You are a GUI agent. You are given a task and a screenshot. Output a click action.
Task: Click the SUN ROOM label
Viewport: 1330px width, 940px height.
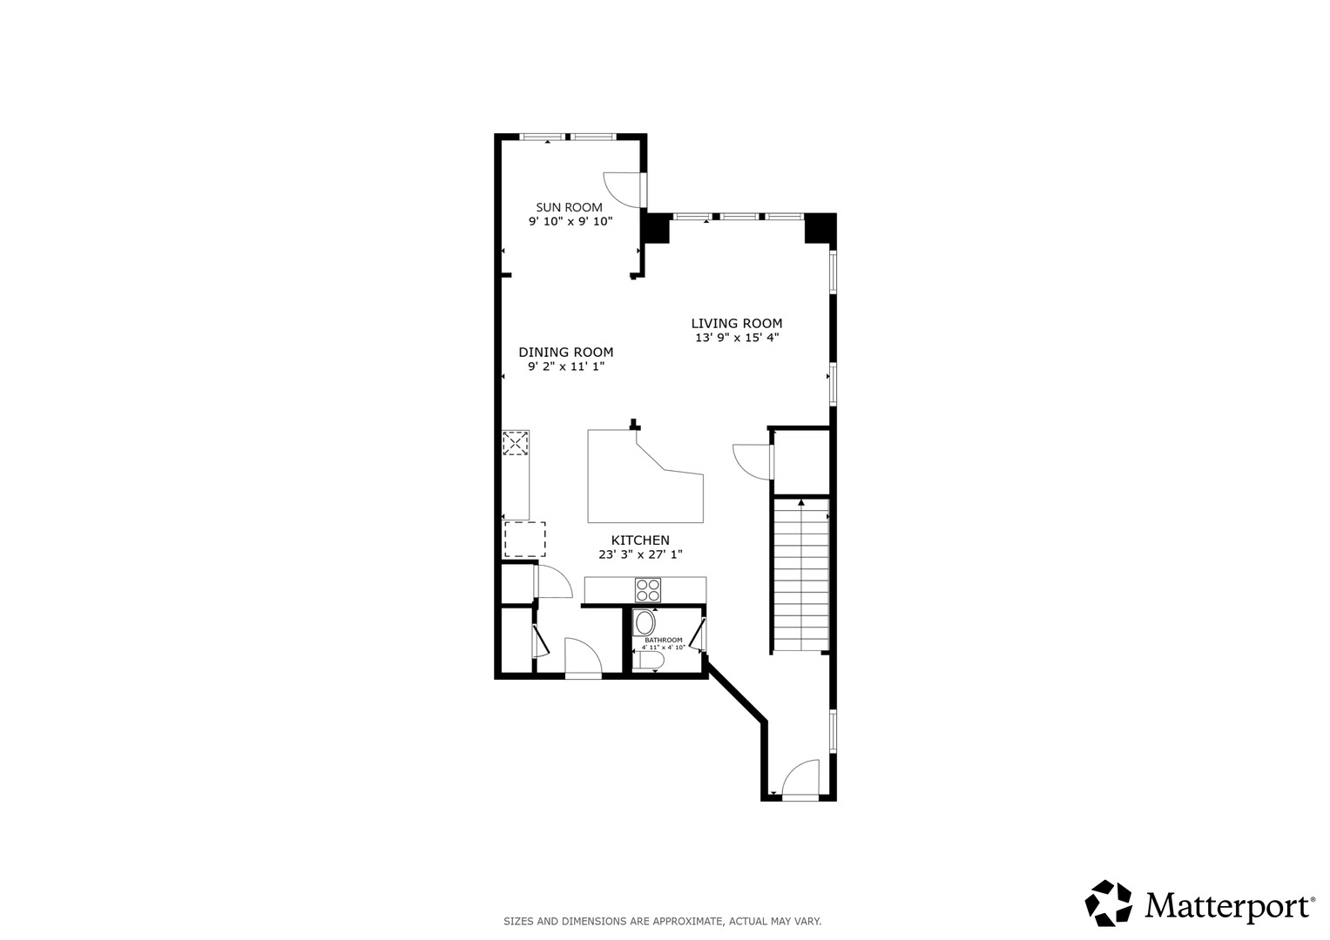pos(569,207)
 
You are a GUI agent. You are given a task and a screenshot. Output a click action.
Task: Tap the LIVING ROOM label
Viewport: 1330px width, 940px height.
pos(736,324)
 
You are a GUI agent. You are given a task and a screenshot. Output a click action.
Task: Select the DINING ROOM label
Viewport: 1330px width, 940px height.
pos(566,352)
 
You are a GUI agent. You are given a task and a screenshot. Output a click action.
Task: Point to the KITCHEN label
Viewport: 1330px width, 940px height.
pos(640,540)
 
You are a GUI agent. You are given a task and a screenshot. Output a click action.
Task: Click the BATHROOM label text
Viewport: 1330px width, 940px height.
pos(663,640)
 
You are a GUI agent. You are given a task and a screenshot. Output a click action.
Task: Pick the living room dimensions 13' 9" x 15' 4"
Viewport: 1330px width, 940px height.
pos(737,338)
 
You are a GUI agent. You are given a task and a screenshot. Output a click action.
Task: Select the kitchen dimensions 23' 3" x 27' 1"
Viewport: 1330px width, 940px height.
pos(640,555)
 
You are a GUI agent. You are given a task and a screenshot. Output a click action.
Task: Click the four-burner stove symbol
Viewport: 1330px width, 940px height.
pos(648,590)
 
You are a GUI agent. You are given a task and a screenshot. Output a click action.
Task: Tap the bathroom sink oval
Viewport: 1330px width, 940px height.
pos(645,623)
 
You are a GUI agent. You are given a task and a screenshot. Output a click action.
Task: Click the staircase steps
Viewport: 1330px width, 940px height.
pos(801,574)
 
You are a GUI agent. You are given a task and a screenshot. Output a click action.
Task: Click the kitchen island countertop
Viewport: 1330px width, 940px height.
pos(645,477)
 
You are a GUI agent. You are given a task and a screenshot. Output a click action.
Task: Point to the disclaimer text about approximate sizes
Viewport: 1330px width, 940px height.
pos(663,922)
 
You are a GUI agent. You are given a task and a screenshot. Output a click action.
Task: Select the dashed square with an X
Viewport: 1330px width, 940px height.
pos(516,443)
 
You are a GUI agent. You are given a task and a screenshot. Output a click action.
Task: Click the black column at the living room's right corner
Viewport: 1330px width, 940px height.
pos(820,228)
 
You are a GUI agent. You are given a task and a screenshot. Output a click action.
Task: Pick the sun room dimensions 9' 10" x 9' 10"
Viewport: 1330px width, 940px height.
pos(570,221)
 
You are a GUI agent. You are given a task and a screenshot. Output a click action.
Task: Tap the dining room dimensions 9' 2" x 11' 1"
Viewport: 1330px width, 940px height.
pos(566,366)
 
